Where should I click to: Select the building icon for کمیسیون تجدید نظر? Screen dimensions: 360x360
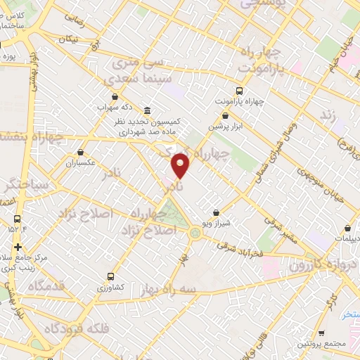[x=146, y=111]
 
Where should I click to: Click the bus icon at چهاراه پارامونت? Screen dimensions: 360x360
[x=239, y=90]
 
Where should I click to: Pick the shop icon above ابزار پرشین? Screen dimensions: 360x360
[x=225, y=116]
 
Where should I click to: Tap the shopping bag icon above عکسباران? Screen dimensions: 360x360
[x=81, y=152]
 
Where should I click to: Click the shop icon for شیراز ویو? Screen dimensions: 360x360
[x=216, y=212]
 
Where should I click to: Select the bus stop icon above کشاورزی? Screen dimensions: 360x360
[x=110, y=276]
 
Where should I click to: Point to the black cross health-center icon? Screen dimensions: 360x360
[x=18, y=247]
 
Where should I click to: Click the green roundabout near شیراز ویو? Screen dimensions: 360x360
[x=194, y=232]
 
